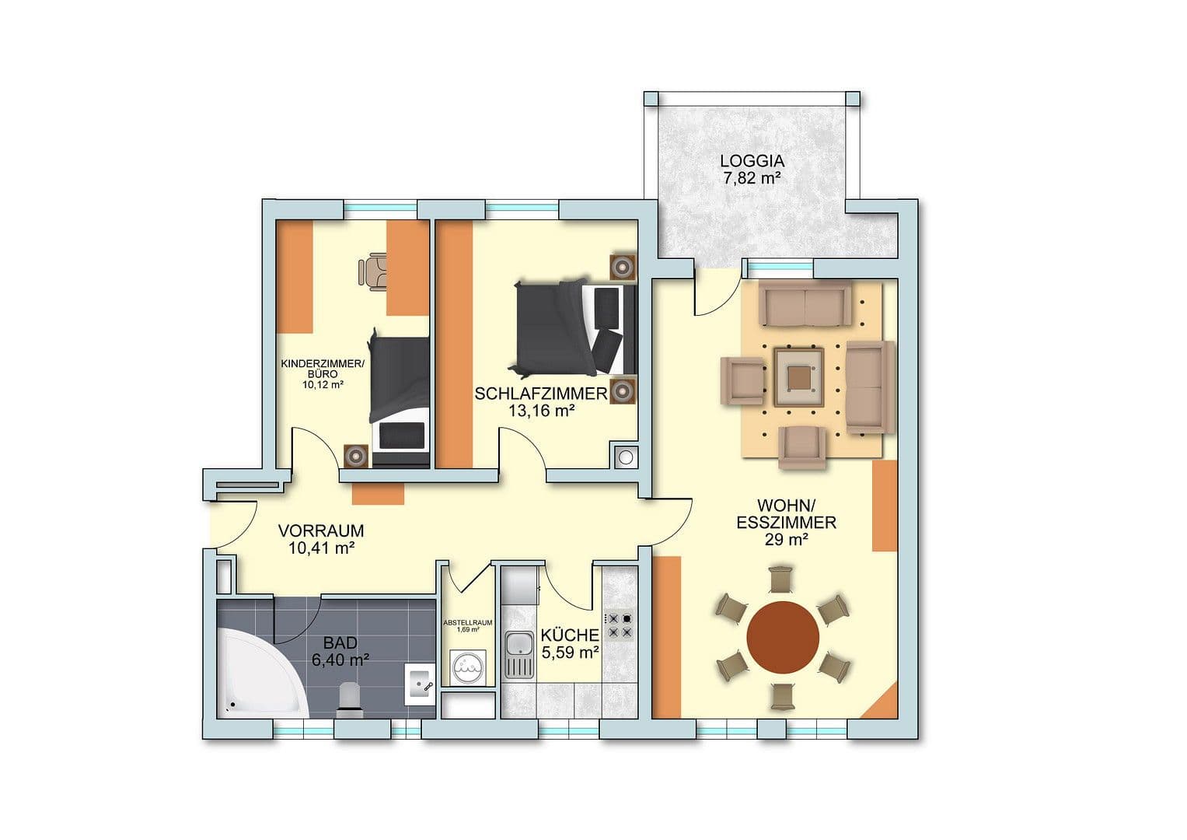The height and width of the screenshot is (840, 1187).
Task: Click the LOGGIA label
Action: click(x=752, y=162)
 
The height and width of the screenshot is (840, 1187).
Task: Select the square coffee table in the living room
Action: click(x=798, y=377)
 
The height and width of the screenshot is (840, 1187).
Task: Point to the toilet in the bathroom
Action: click(x=351, y=698)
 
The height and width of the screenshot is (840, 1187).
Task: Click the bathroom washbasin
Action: click(x=421, y=684)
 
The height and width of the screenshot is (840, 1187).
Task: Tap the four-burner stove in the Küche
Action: click(x=620, y=625)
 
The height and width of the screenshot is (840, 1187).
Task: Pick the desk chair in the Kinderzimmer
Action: click(x=372, y=271)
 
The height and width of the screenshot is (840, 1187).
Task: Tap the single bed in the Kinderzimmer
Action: click(x=400, y=401)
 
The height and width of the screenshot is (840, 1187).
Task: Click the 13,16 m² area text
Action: click(x=541, y=411)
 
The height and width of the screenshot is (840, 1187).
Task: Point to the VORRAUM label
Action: click(x=321, y=531)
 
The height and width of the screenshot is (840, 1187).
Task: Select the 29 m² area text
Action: click(x=786, y=540)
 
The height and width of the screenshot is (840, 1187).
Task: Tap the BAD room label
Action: click(x=340, y=643)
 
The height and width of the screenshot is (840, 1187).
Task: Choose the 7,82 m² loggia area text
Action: click(x=752, y=179)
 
